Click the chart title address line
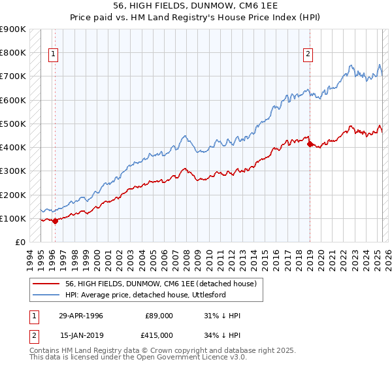point(196,6)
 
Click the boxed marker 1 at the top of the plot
point(52,55)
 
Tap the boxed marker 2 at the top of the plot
point(307,55)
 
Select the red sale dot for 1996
point(55,221)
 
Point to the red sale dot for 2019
point(310,144)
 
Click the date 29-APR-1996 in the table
point(81,316)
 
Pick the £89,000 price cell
point(158,316)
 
